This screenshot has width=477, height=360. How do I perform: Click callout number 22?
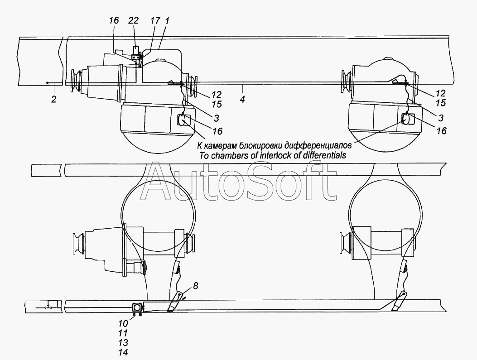pyautogui.click(x=133, y=21)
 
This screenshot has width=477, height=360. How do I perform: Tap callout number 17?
pyautogui.click(x=155, y=21)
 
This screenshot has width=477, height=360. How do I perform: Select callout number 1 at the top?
pyautogui.click(x=167, y=21)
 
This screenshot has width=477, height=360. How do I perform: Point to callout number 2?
pyautogui.click(x=53, y=99)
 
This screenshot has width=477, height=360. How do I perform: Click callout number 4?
pyautogui.click(x=242, y=99)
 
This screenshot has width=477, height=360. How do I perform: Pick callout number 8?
pyautogui.click(x=195, y=286)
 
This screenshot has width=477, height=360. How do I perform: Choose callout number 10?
pyautogui.click(x=123, y=323)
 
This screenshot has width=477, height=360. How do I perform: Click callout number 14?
pyautogui.click(x=123, y=352)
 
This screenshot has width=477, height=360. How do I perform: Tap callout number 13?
pyautogui.click(x=123, y=343)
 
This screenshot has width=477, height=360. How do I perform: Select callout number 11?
pyautogui.click(x=123, y=333)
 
